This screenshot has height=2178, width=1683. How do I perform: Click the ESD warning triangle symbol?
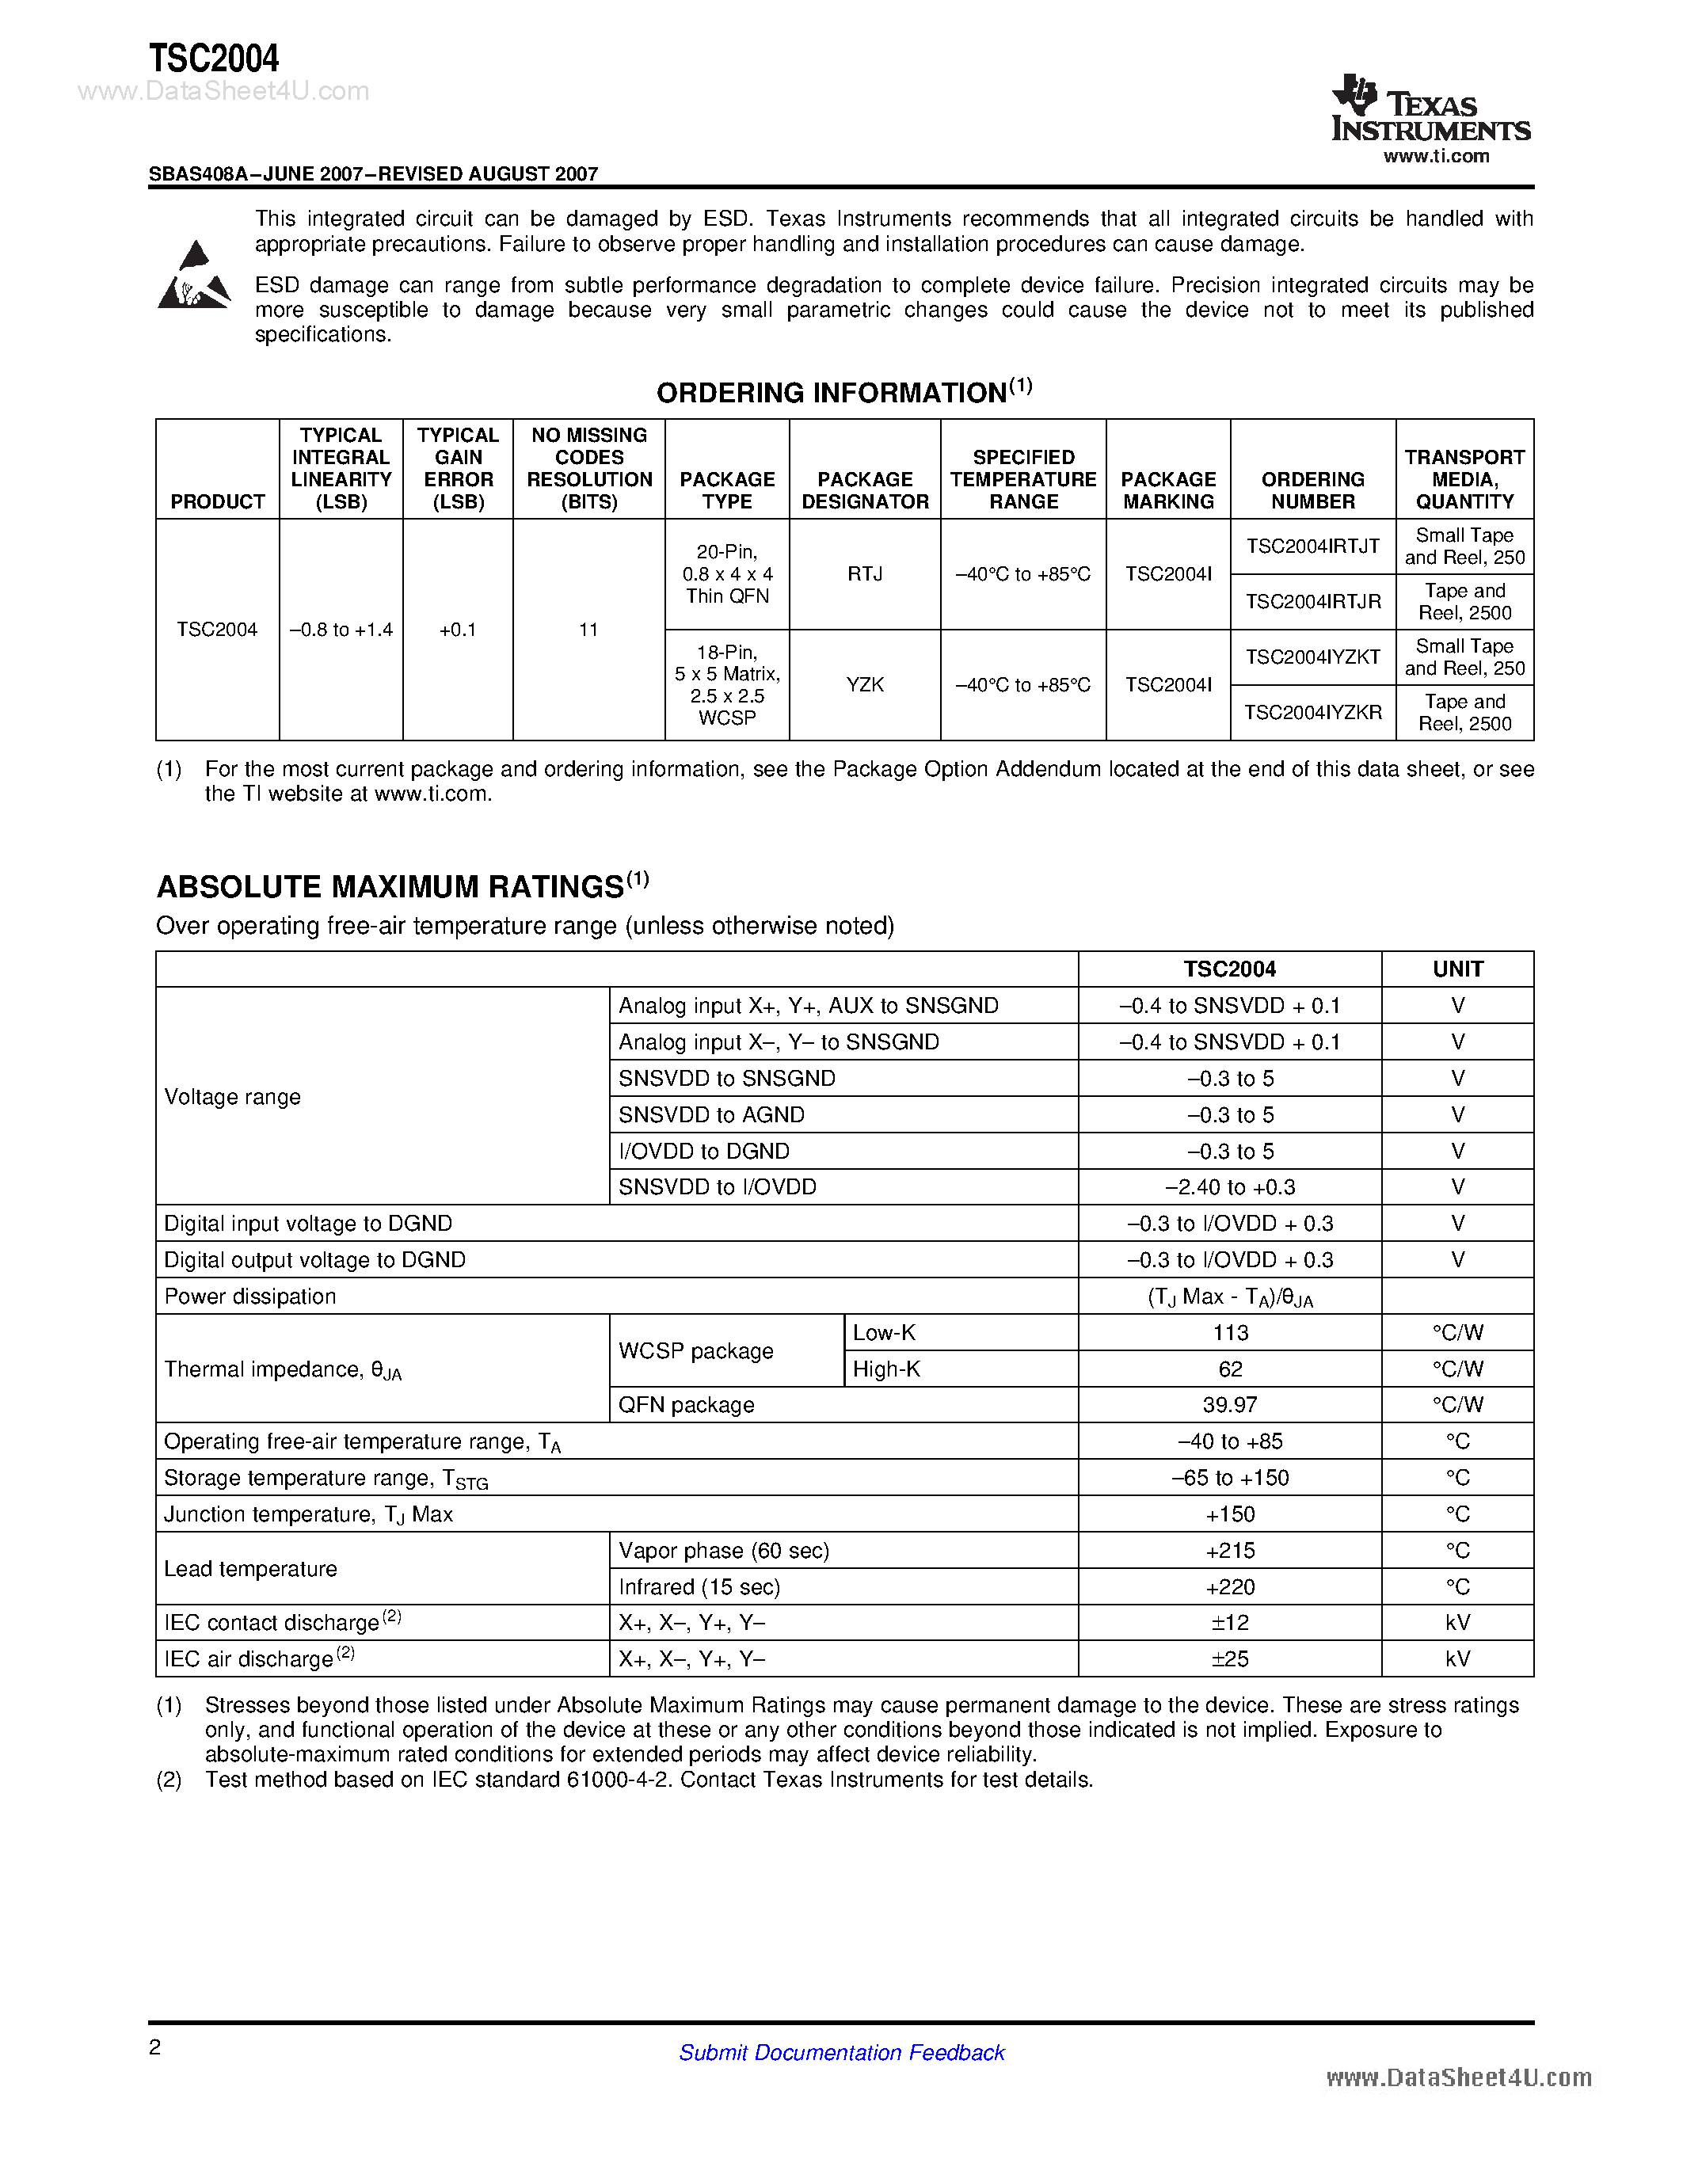tap(194, 276)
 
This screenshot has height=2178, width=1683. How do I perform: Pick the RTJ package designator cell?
tap(864, 573)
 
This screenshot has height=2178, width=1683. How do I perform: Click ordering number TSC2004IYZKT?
tap(1312, 657)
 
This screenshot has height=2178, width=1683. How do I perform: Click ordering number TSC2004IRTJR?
tap(1312, 601)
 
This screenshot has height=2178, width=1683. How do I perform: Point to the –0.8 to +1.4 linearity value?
tap(341, 630)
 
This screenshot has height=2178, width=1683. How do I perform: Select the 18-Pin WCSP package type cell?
tap(727, 684)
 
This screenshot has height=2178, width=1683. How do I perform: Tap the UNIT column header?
tap(1456, 969)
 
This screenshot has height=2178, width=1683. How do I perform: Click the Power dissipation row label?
tap(250, 1297)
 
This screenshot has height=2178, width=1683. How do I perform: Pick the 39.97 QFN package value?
tap(1229, 1405)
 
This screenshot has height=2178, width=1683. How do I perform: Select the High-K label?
tap(886, 1369)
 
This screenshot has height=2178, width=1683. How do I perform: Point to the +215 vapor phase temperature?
tap(1229, 1551)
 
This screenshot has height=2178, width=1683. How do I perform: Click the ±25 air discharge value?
tap(1229, 1659)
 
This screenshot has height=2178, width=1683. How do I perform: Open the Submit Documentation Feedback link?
tap(841, 2052)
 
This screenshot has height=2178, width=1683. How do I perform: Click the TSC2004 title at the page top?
tap(215, 59)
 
